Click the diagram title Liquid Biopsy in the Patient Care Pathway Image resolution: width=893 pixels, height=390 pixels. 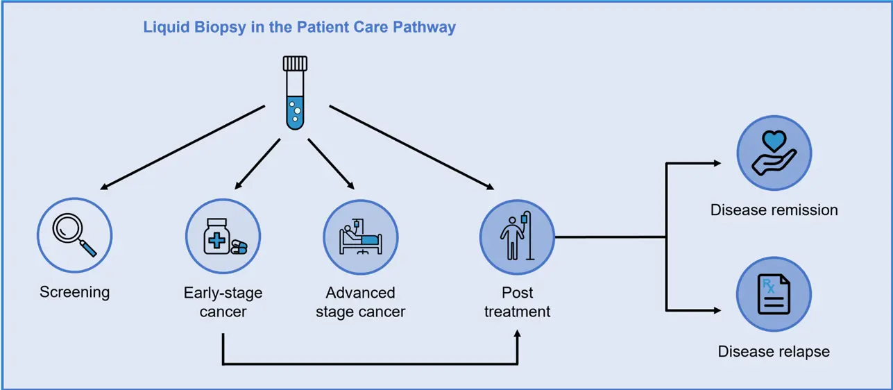[x=299, y=28]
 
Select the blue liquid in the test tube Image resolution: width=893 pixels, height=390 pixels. [x=294, y=112]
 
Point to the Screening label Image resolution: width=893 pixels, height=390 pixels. [x=75, y=291]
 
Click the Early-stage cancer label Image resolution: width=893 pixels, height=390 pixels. [x=223, y=302]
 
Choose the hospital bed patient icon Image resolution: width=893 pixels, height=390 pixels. [x=361, y=236]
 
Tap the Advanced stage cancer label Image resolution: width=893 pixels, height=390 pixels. [x=360, y=302]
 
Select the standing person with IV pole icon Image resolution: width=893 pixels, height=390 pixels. [x=517, y=236]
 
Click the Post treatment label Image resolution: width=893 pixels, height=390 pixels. [x=517, y=302]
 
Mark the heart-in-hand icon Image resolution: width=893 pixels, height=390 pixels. [x=774, y=153]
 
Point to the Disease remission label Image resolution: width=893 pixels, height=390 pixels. [x=774, y=210]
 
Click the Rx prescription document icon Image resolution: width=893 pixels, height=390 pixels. [x=774, y=294]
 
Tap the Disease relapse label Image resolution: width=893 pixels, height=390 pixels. [x=774, y=352]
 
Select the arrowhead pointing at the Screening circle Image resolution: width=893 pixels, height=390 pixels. [x=104, y=187]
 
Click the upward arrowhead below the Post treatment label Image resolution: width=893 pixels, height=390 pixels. [x=517, y=335]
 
